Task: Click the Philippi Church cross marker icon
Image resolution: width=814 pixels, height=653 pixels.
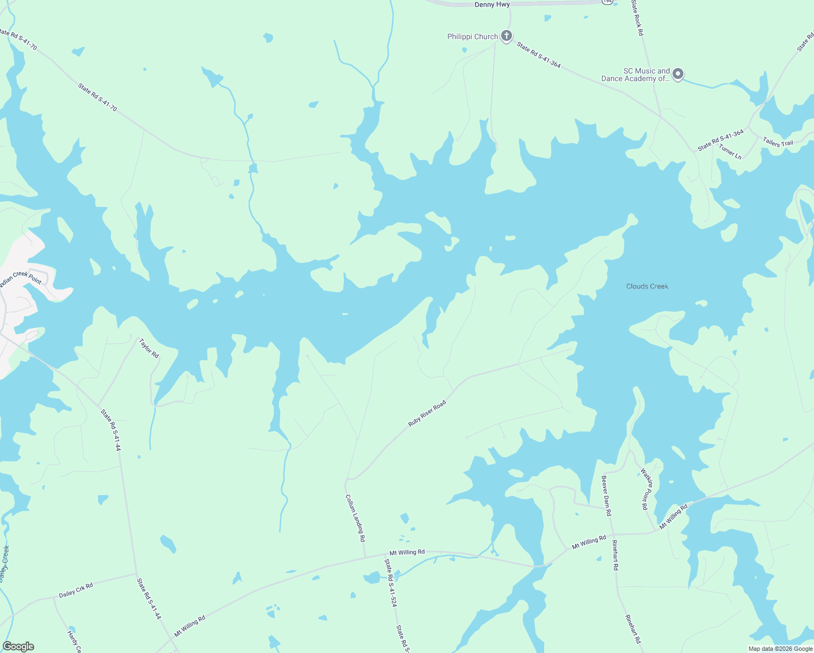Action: (x=507, y=36)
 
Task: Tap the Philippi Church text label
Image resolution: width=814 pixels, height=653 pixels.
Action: (x=472, y=37)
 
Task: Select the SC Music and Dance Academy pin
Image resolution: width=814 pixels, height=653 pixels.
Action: (x=677, y=74)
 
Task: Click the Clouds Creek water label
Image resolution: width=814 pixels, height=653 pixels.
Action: (x=647, y=286)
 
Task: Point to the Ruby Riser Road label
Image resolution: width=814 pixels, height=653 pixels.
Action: (x=427, y=414)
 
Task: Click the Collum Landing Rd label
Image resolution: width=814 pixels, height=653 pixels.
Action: (x=355, y=518)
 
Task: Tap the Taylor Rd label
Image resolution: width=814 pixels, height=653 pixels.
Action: (x=149, y=348)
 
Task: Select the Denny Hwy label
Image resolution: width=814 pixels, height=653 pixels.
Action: (x=492, y=5)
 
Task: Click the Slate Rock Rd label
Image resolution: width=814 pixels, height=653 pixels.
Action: (x=637, y=18)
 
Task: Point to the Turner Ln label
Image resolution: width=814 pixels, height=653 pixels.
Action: (x=730, y=152)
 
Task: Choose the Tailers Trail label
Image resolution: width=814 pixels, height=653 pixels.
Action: (x=778, y=143)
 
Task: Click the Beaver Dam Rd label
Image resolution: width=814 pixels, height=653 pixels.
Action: (x=606, y=496)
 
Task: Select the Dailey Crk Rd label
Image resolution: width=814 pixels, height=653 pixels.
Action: (x=76, y=590)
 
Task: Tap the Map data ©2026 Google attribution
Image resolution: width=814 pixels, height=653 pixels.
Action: (x=780, y=649)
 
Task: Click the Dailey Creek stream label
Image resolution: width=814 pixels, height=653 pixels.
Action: (x=5, y=564)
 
